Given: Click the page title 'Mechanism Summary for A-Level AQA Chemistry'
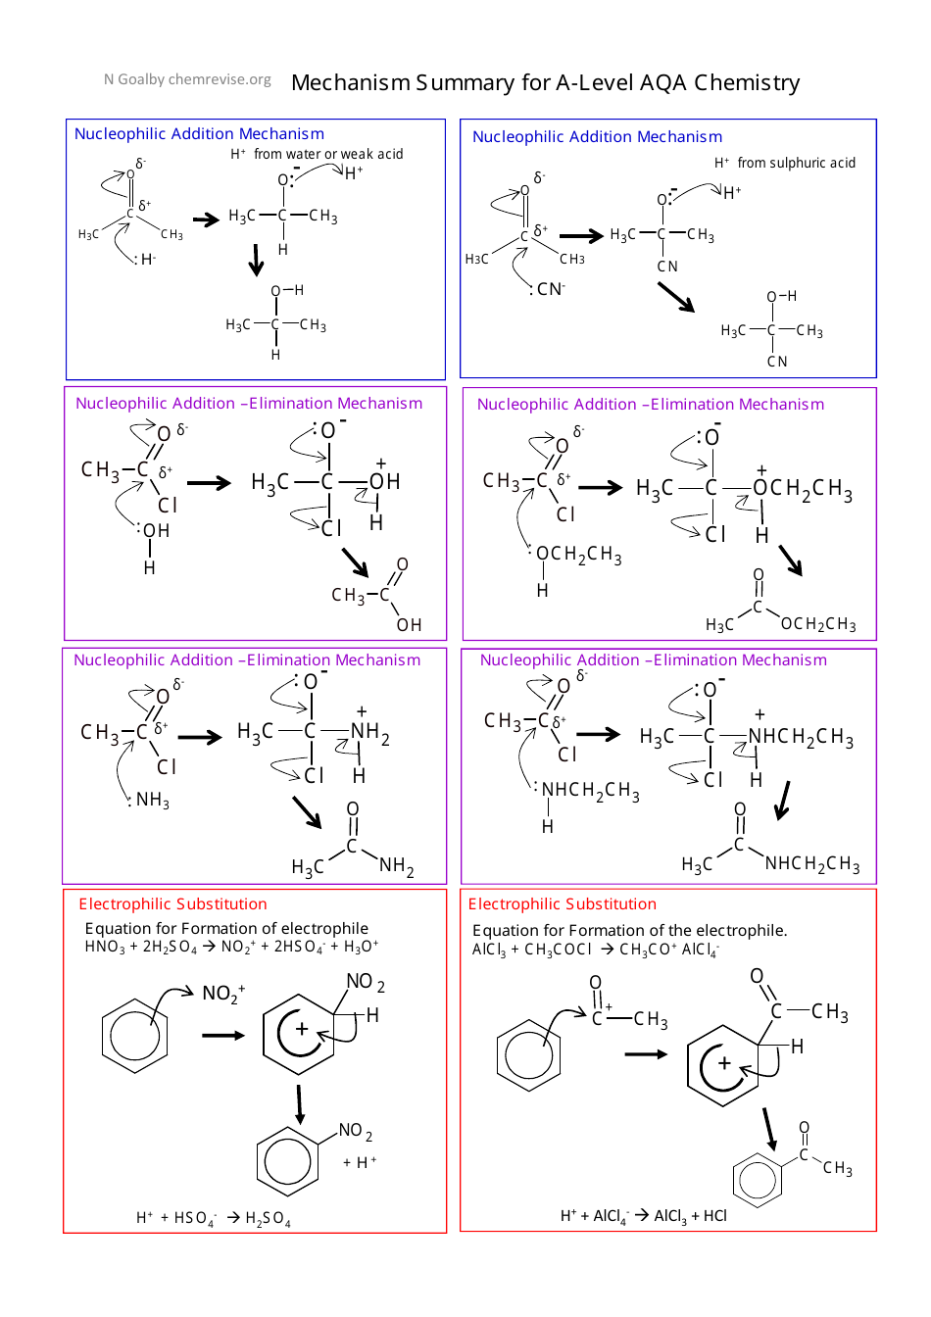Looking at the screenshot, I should point(545,82).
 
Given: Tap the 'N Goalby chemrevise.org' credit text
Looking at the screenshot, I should point(187,79).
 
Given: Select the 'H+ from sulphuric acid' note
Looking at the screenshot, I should point(784,163).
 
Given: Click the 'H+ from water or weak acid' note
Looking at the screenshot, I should point(317,154).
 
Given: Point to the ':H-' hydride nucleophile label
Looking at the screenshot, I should point(145,260).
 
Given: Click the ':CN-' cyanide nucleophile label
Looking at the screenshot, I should point(548,289).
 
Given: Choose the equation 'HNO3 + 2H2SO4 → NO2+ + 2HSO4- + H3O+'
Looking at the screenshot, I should point(231,947).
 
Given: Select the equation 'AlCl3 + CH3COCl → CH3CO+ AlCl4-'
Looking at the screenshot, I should point(595,950).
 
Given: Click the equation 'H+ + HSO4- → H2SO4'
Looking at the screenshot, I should point(213,1218).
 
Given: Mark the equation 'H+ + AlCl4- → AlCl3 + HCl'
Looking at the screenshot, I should point(643,1216).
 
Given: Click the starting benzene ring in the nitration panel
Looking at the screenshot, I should point(134,1035).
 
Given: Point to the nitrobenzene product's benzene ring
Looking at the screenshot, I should point(288,1161).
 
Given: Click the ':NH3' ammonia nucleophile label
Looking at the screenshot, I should point(150,801).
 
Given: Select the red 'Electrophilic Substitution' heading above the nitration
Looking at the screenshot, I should point(172,903).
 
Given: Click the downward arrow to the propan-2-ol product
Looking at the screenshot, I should point(257,260).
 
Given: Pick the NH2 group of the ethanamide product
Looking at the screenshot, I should point(396,866).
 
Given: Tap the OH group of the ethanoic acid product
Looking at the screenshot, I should point(409,625).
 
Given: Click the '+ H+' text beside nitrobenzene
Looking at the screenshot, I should point(360,1162).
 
